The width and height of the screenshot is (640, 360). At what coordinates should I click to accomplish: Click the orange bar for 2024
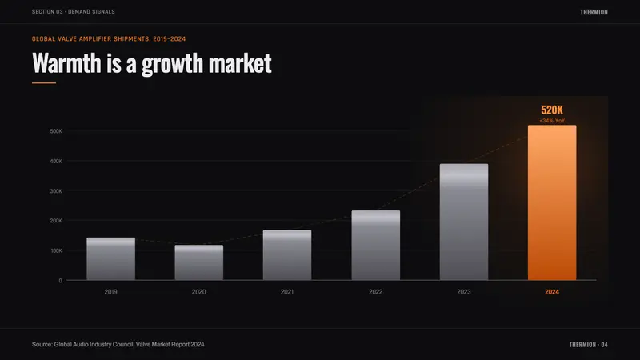[552, 202]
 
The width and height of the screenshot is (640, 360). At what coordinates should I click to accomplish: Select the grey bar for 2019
[110, 258]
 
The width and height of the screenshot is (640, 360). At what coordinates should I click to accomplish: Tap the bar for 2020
[198, 262]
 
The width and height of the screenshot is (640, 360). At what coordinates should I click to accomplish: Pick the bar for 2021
[287, 255]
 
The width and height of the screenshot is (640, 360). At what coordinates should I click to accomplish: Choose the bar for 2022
[375, 246]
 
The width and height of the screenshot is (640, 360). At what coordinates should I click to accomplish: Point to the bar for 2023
[464, 222]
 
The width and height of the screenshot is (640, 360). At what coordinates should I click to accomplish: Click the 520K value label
[552, 110]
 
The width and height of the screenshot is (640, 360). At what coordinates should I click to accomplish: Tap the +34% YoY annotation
[552, 121]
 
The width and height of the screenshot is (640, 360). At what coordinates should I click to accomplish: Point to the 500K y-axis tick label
[56, 131]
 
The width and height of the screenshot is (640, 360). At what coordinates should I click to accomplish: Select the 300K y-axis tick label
[56, 191]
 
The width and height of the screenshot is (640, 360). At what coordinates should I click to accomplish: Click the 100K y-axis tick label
[56, 250]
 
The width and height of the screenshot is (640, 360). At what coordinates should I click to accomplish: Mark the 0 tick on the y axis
[61, 281]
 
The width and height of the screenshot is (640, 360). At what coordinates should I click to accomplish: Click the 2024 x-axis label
[552, 292]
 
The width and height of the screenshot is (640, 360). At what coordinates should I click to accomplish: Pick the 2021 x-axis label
[287, 292]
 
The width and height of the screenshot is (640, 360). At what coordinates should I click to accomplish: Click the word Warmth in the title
[66, 63]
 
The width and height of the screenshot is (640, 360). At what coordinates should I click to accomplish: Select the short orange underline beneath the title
[44, 83]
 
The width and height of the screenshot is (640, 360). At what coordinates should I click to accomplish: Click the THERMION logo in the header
[594, 12]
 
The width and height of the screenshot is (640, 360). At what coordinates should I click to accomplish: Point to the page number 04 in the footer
[604, 345]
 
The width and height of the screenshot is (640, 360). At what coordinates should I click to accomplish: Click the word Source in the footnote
[42, 345]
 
